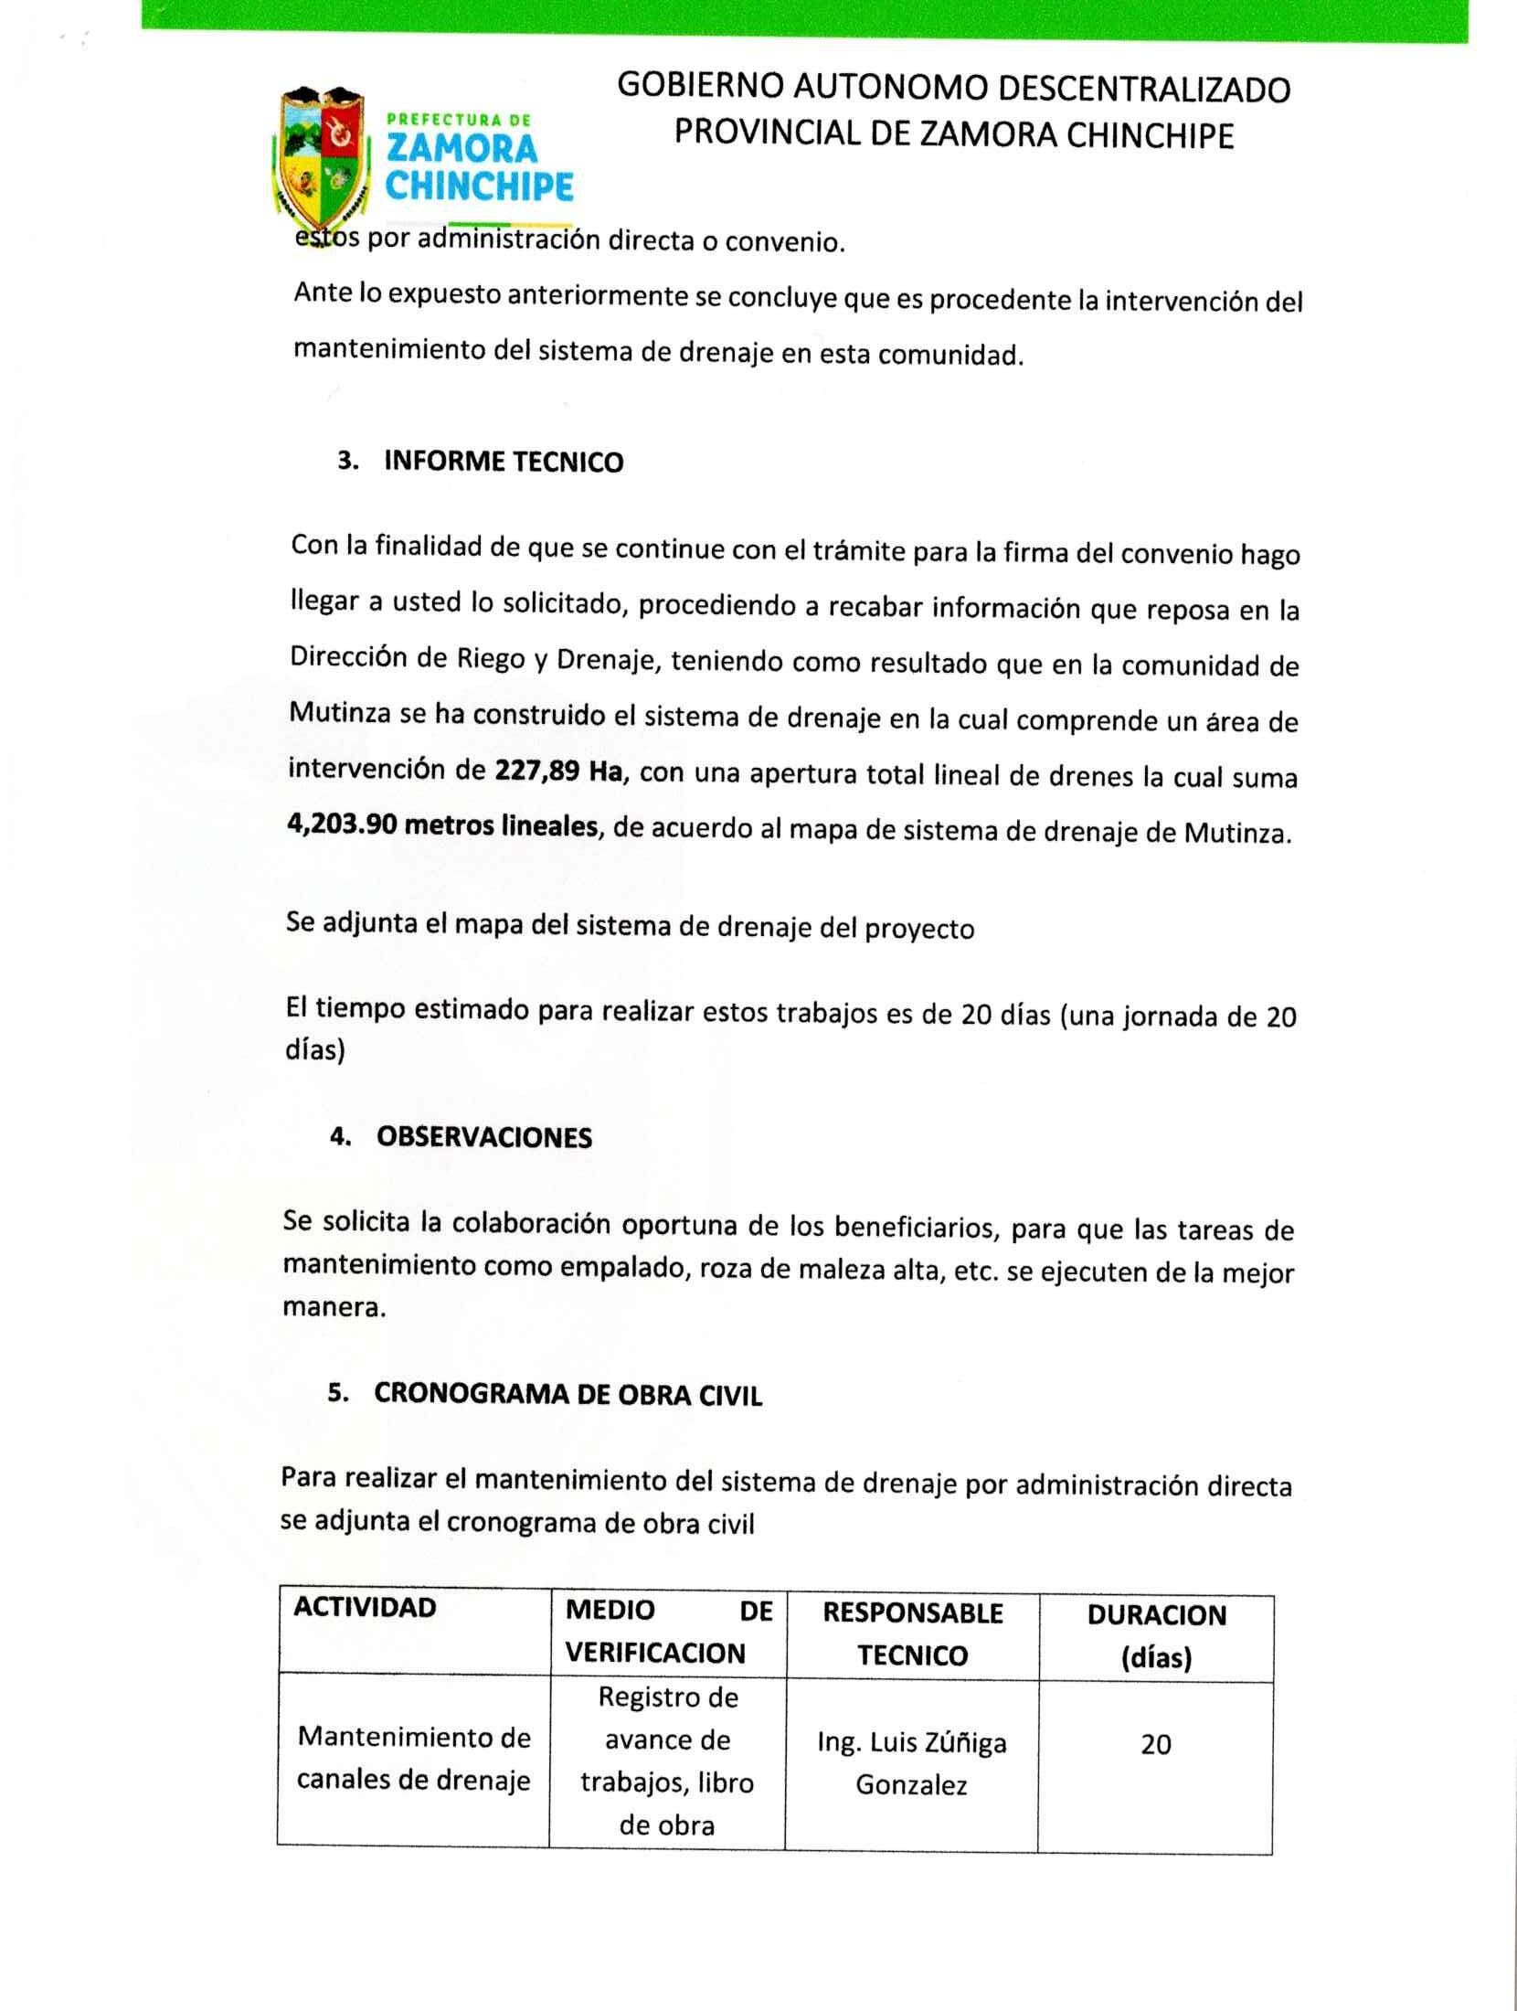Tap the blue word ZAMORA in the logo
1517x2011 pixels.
pyautogui.click(x=463, y=149)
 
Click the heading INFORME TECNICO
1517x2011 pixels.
pyautogui.click(x=504, y=462)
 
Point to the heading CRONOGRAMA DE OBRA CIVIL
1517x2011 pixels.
pyautogui.click(x=568, y=1396)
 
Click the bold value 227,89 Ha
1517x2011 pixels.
pyautogui.click(x=559, y=771)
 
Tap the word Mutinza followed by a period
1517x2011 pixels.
pyautogui.click(x=1238, y=835)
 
